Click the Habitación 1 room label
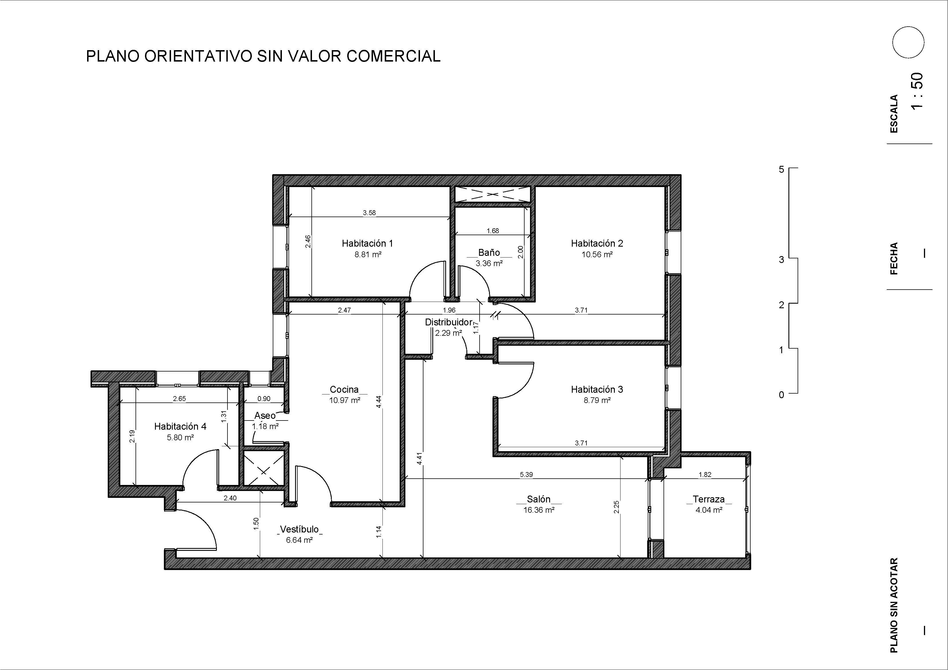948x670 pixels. [367, 243]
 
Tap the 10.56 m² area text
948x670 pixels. [597, 255]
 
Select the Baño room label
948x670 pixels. [489, 252]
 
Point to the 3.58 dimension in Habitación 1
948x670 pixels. [369, 213]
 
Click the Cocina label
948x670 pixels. [344, 389]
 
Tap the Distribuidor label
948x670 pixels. [448, 322]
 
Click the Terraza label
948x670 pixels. [708, 499]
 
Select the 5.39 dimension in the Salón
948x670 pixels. [526, 475]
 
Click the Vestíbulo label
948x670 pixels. [299, 529]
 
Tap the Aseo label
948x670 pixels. [265, 416]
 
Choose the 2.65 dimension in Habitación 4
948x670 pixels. [179, 399]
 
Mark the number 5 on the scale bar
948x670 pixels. [781, 169]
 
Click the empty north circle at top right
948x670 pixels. [908, 42]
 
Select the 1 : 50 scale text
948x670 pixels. [916, 91]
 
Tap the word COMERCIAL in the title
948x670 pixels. [393, 56]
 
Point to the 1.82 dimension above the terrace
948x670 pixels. [704, 475]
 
